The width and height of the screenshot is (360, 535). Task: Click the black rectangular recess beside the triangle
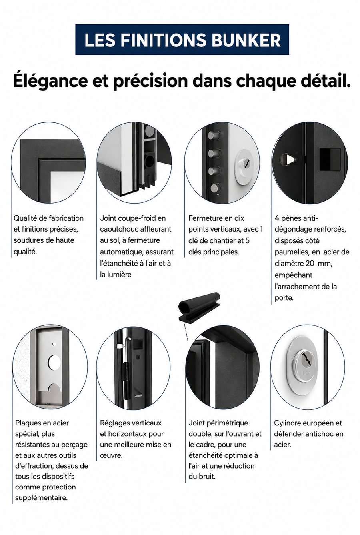[x=330, y=159]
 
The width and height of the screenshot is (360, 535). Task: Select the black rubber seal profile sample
[x=199, y=306]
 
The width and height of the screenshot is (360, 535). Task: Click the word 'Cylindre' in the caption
[x=287, y=423]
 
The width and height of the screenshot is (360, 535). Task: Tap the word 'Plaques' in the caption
[x=28, y=423]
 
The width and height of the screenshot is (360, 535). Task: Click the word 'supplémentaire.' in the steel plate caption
[x=42, y=498]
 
